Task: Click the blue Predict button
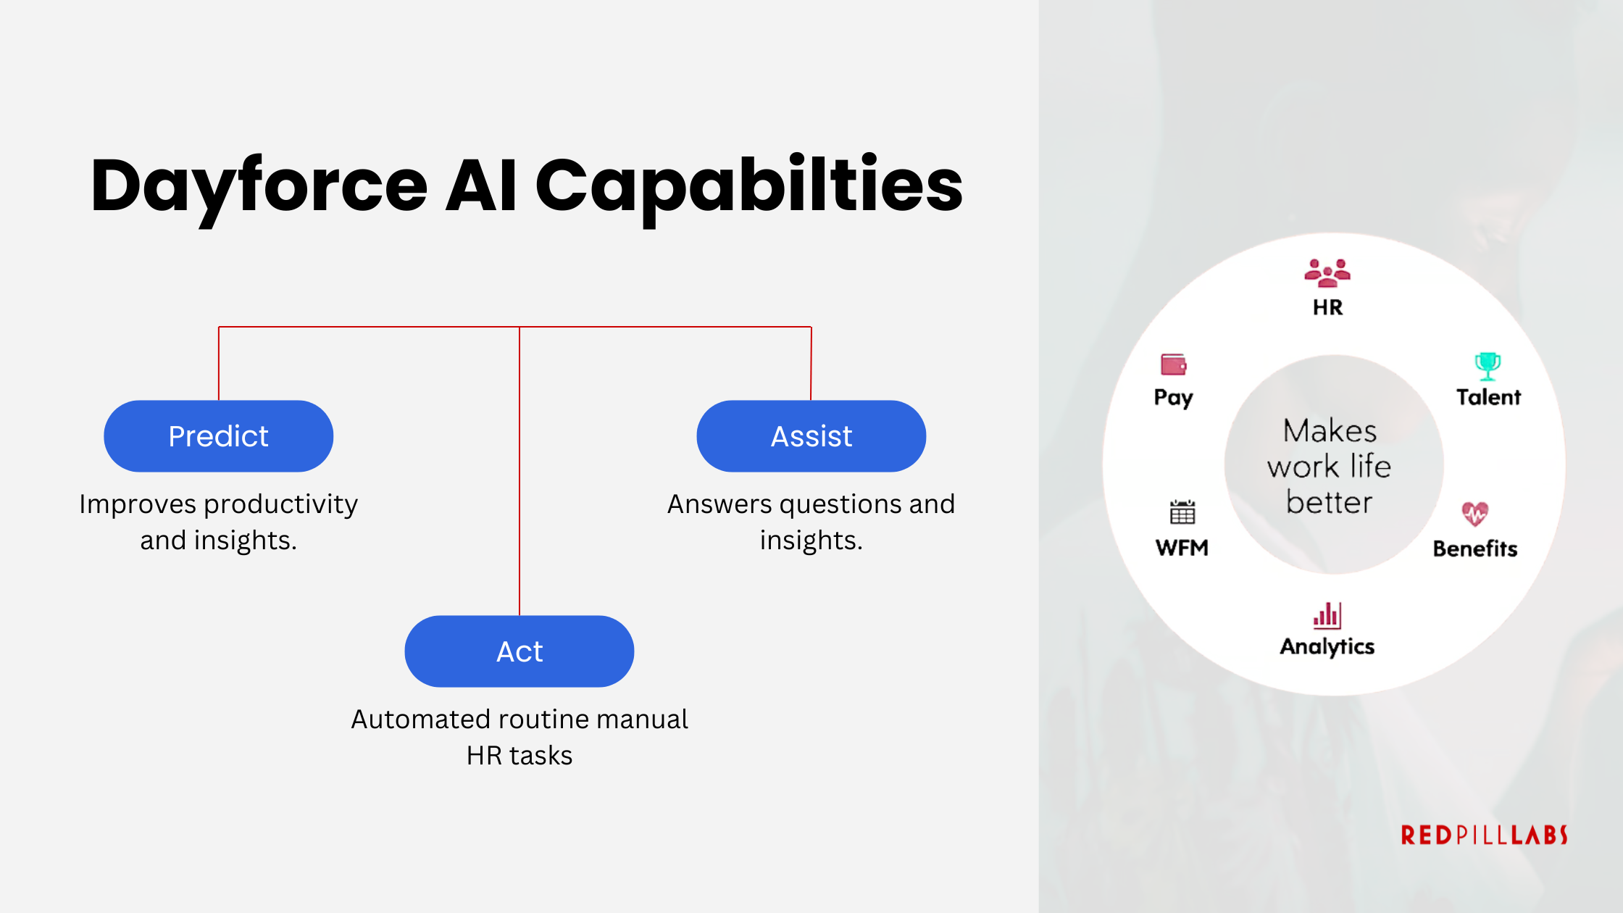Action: pyautogui.click(x=218, y=436)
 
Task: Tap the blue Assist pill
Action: pyautogui.click(x=811, y=436)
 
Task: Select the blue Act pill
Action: pyautogui.click(x=519, y=651)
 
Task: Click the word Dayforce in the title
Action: pyautogui.click(x=259, y=186)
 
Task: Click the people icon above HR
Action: pyautogui.click(x=1327, y=273)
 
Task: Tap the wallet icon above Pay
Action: pyautogui.click(x=1173, y=364)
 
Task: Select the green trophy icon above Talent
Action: pyautogui.click(x=1488, y=366)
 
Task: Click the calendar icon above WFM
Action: pyautogui.click(x=1182, y=512)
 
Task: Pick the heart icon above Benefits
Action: pyautogui.click(x=1474, y=514)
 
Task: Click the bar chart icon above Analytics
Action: pyautogui.click(x=1327, y=616)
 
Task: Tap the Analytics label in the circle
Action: pyautogui.click(x=1327, y=646)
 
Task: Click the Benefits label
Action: pyautogui.click(x=1474, y=549)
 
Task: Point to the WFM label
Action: pyautogui.click(x=1182, y=548)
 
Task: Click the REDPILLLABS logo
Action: pyautogui.click(x=1484, y=835)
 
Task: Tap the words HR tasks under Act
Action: pyautogui.click(x=519, y=756)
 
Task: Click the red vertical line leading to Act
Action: pyautogui.click(x=520, y=471)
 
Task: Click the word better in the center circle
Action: pyautogui.click(x=1329, y=502)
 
